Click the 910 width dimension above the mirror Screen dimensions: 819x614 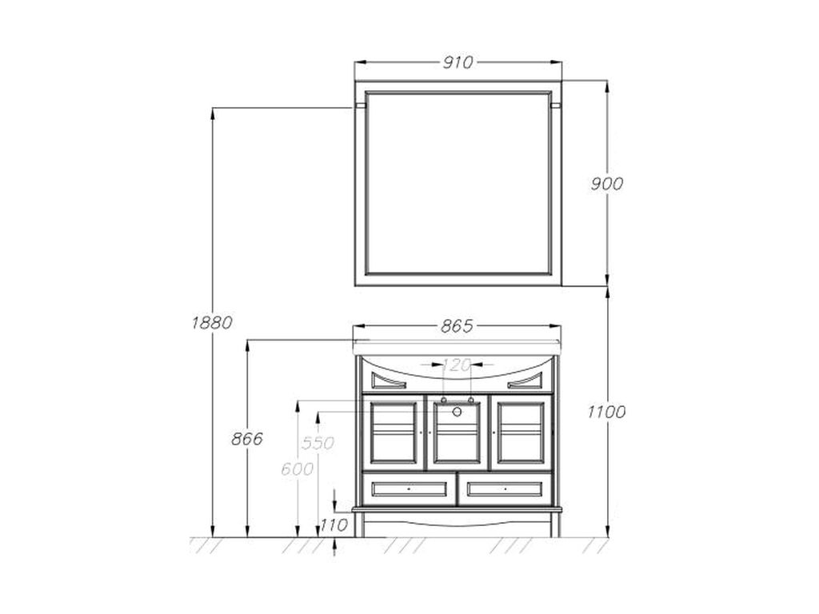pyautogui.click(x=457, y=62)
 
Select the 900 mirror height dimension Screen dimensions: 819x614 pyautogui.click(x=606, y=184)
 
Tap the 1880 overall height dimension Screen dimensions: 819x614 pyautogui.click(x=211, y=323)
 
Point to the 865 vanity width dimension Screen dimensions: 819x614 pyautogui.click(x=457, y=326)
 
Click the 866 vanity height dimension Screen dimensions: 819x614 pyautogui.click(x=247, y=439)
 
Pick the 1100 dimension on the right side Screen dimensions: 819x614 pyautogui.click(x=606, y=412)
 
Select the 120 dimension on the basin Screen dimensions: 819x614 pyautogui.click(x=457, y=365)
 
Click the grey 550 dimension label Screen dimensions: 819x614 pyautogui.click(x=318, y=443)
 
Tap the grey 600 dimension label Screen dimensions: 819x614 pyautogui.click(x=298, y=469)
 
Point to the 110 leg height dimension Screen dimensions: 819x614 pyautogui.click(x=334, y=524)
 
